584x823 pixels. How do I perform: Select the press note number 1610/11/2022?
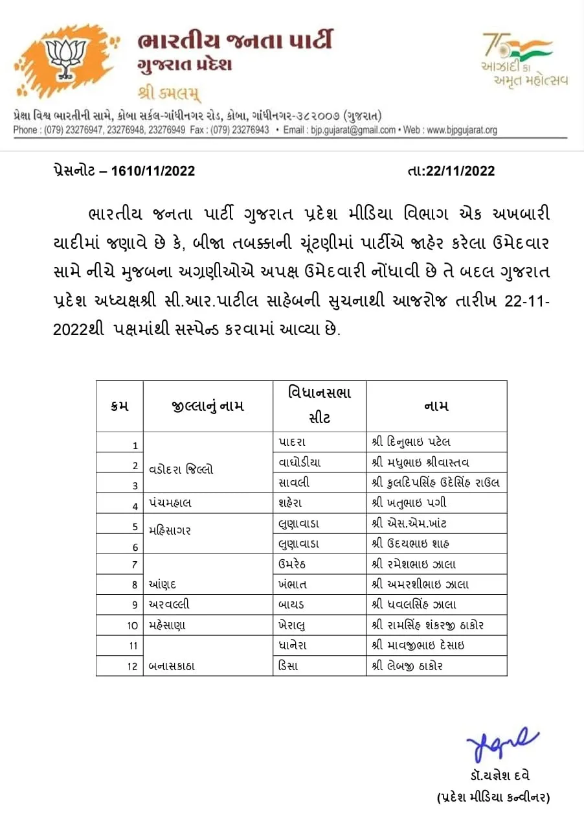(x=153, y=171)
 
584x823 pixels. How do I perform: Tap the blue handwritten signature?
(x=502, y=745)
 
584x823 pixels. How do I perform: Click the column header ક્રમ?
(x=120, y=406)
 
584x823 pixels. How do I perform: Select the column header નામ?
(x=436, y=406)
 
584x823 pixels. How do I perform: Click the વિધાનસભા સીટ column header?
(x=320, y=406)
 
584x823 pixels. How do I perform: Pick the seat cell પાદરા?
(x=292, y=442)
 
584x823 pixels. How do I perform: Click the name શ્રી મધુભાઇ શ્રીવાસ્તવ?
(x=421, y=463)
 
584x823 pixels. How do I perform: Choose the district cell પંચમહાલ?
(x=170, y=502)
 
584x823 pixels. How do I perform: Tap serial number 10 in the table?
(x=133, y=625)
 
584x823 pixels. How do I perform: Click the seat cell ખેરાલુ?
(x=293, y=625)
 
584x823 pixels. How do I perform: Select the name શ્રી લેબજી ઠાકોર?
(x=407, y=666)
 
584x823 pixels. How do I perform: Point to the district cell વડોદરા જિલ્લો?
(x=181, y=469)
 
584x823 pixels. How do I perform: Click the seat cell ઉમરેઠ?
(x=293, y=564)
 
